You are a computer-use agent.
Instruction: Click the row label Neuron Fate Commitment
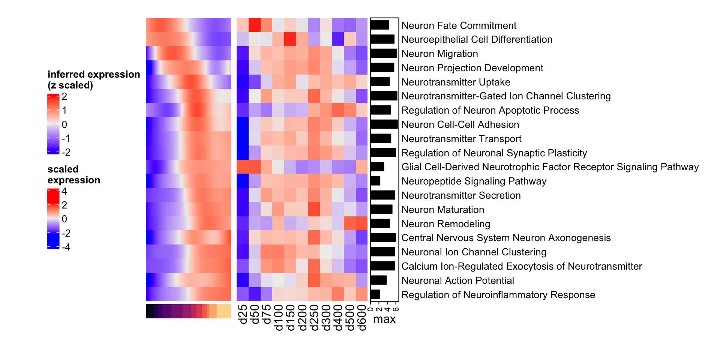[459, 25]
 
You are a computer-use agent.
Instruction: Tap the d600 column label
[361, 317]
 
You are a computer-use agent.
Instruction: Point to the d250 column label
[314, 317]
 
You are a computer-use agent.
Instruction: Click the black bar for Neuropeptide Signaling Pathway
[375, 181]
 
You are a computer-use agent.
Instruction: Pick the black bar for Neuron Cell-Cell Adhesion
[384, 124]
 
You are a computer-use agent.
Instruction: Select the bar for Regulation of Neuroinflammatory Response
[375, 294]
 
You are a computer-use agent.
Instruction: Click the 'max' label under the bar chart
[384, 319]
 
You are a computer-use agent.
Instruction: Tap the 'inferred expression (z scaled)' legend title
[94, 79]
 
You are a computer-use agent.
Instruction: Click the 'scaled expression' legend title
[74, 174]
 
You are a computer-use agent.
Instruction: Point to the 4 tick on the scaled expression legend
[64, 191]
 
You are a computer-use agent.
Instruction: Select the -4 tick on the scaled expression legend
[66, 247]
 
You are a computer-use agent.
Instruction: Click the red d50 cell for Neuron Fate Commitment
[255, 25]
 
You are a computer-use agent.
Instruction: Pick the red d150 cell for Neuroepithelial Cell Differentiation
[290, 39]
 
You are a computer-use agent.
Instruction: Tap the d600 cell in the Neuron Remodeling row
[361, 223]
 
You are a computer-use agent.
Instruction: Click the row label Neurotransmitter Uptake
[456, 82]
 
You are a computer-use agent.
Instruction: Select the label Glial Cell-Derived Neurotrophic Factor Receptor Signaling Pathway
[550, 167]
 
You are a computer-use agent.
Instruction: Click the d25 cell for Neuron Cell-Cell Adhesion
[243, 124]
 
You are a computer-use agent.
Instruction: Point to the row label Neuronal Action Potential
[457, 280]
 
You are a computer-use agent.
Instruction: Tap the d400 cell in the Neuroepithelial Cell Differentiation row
[338, 39]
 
